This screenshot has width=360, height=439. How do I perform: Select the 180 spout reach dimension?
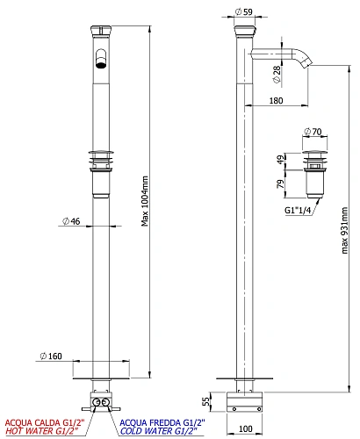pos(277,102)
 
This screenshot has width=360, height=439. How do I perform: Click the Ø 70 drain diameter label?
pos(313,131)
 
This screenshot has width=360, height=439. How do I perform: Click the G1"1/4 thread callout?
pos(299,211)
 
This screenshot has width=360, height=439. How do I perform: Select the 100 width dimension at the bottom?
pos(245,428)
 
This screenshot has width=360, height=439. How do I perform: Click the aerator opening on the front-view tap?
pos(102,63)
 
